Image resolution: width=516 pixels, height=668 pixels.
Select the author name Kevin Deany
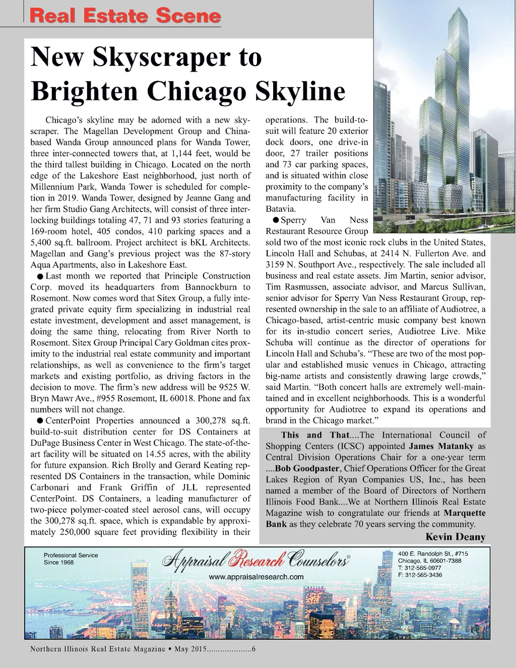click(456, 536)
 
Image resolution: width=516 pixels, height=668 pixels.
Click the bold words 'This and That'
click(315, 435)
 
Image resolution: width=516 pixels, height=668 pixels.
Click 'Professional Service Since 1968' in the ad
click(71, 559)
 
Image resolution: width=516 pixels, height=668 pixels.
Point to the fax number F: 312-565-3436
click(420, 575)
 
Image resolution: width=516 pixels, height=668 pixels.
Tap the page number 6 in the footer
click(253, 649)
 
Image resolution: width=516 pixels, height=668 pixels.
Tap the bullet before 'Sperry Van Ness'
click(275, 220)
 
